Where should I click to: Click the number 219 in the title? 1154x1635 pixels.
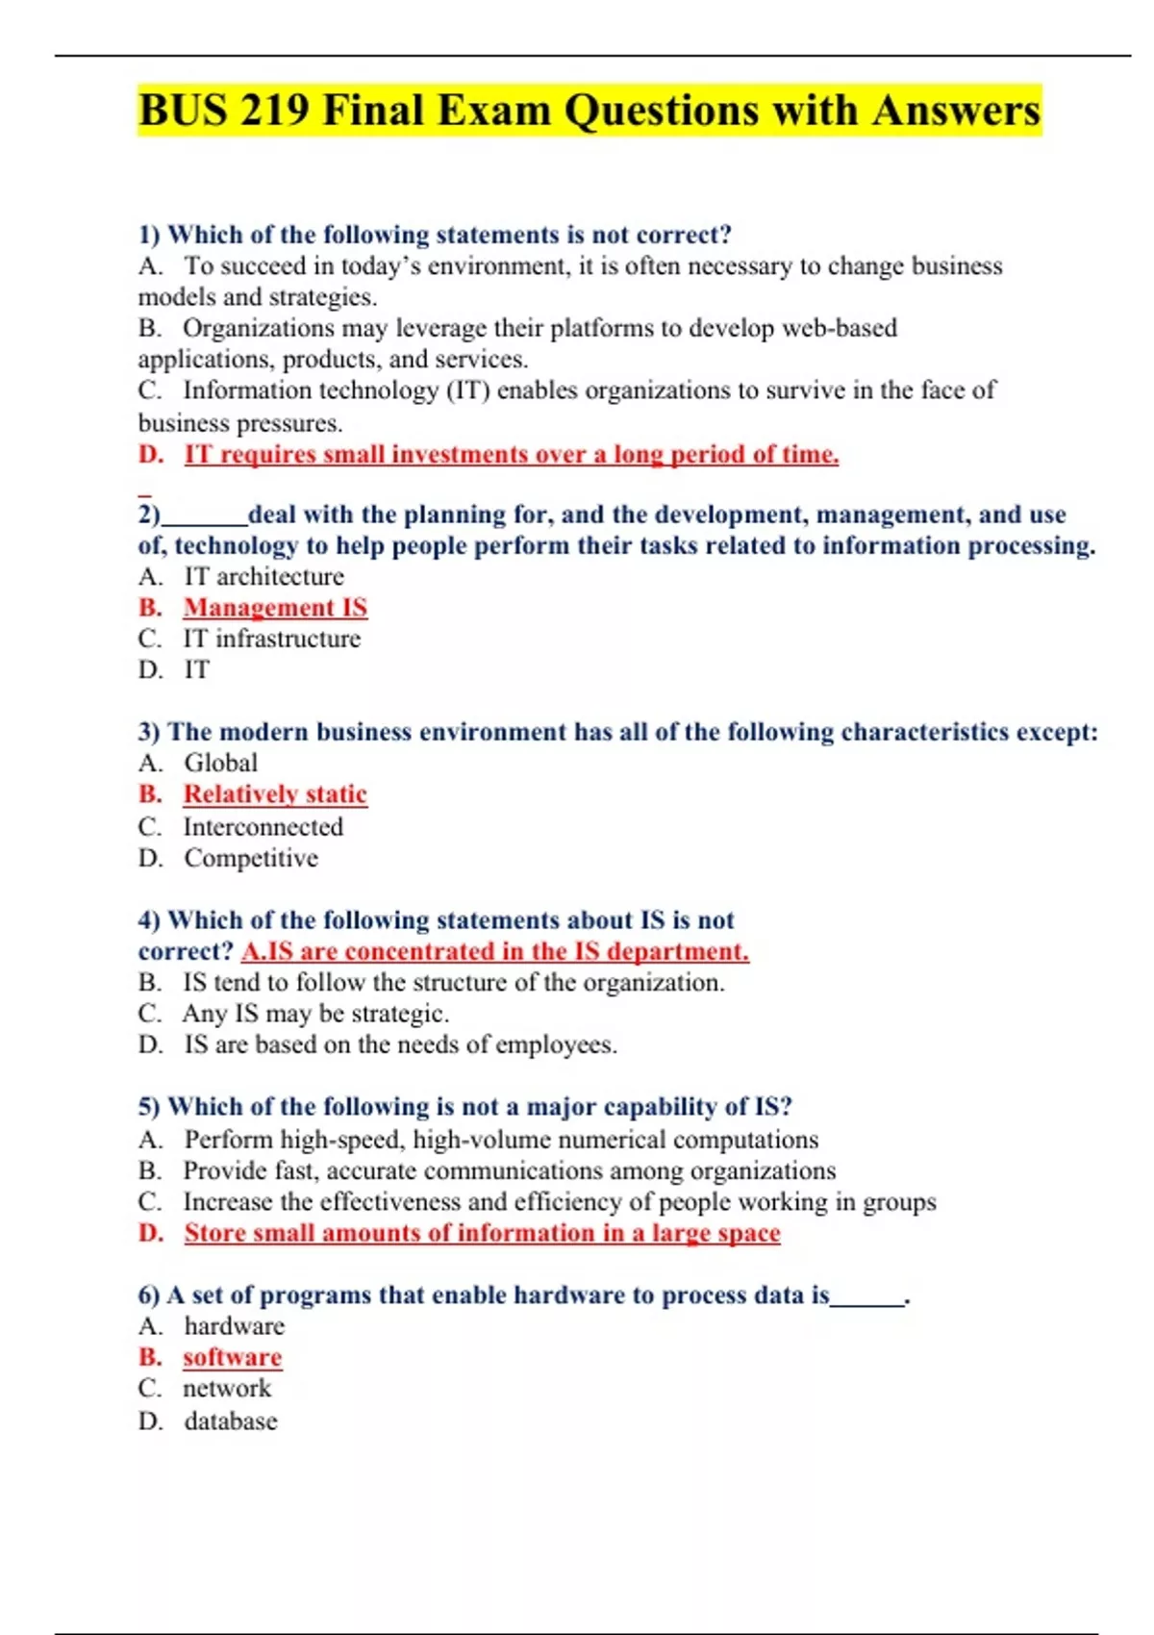click(x=275, y=111)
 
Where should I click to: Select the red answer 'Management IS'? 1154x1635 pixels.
click(x=275, y=608)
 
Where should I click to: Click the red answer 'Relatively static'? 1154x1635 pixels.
click(x=275, y=794)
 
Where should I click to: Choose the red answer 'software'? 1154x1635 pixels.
click(x=232, y=1357)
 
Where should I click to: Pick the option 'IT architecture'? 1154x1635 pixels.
click(x=263, y=576)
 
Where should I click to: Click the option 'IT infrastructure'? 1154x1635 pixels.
click(x=271, y=639)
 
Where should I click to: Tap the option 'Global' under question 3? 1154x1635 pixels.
click(x=221, y=763)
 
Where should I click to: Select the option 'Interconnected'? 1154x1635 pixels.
click(x=263, y=826)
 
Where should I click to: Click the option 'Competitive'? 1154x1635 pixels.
click(x=250, y=858)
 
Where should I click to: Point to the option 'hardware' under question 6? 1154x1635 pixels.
click(x=235, y=1326)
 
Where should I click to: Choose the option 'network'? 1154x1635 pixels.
click(x=227, y=1389)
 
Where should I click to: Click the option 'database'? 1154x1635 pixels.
click(x=231, y=1421)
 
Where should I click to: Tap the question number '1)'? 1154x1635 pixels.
click(x=149, y=235)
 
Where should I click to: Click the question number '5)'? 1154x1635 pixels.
click(x=149, y=1107)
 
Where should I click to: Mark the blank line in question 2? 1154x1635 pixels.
click(x=204, y=521)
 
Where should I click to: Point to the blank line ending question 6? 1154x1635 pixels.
click(x=867, y=1302)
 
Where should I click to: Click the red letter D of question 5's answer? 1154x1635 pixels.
click(x=150, y=1233)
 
